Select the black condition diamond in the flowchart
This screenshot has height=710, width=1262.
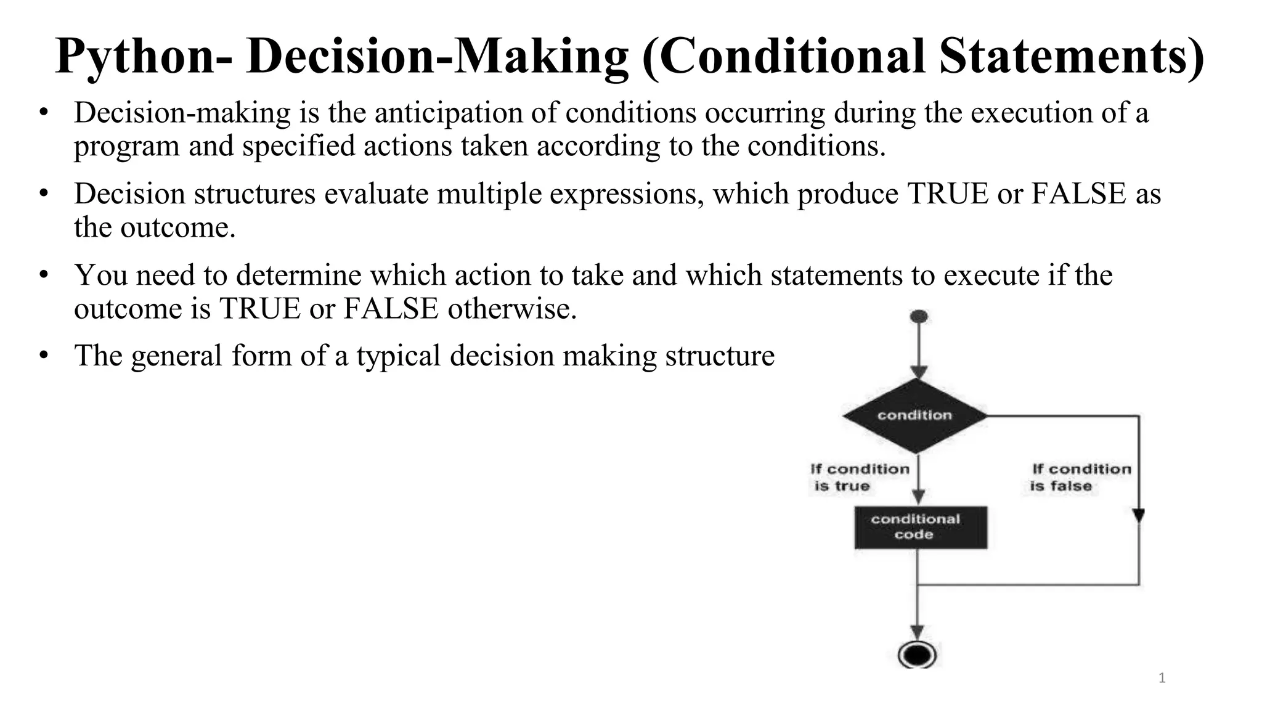click(915, 416)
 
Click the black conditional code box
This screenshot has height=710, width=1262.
click(921, 527)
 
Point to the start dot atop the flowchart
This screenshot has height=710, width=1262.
click(918, 317)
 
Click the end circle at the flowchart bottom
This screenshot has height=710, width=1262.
click(917, 655)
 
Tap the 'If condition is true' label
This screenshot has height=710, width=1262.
click(860, 478)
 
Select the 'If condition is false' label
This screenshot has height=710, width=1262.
click(1081, 478)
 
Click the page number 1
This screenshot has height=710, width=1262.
click(1162, 679)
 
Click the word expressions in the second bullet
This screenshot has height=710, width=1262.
click(627, 194)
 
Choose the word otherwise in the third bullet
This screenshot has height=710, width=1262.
click(512, 308)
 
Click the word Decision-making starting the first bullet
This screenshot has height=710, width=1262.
click(182, 113)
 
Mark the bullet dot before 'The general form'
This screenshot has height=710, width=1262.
click(43, 356)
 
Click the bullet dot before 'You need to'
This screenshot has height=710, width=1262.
click(43, 275)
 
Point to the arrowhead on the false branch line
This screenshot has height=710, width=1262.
click(1139, 515)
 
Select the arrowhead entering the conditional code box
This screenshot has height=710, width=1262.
click(918, 496)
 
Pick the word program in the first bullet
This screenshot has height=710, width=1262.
click(127, 147)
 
